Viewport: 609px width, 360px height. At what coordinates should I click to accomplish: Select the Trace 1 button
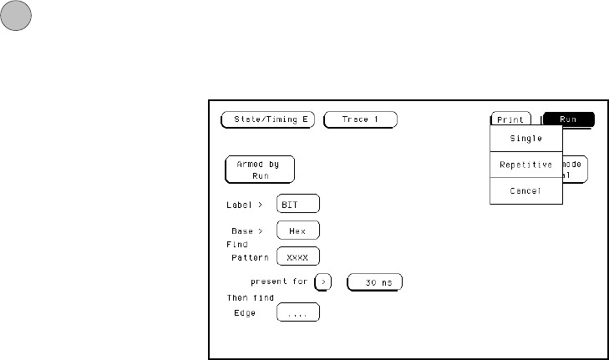[360, 119]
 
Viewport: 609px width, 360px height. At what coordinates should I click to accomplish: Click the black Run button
[568, 119]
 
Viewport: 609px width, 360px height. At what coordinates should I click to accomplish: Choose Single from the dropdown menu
[526, 139]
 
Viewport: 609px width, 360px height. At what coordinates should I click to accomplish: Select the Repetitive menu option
[526, 165]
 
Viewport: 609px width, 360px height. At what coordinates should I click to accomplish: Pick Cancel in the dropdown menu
[526, 191]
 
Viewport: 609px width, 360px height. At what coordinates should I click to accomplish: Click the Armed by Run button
[259, 170]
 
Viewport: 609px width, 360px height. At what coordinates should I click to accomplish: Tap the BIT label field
[297, 204]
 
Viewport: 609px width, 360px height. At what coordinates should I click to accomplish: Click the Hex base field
[297, 230]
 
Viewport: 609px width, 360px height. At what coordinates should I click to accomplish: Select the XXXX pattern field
[297, 256]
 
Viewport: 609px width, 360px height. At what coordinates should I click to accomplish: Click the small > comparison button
[323, 282]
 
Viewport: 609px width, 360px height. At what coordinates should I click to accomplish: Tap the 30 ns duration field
[375, 282]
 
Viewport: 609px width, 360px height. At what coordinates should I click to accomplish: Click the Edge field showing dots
[297, 313]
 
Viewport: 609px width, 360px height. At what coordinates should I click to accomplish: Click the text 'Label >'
[244, 205]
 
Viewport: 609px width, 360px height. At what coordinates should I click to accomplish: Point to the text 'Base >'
[248, 231]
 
